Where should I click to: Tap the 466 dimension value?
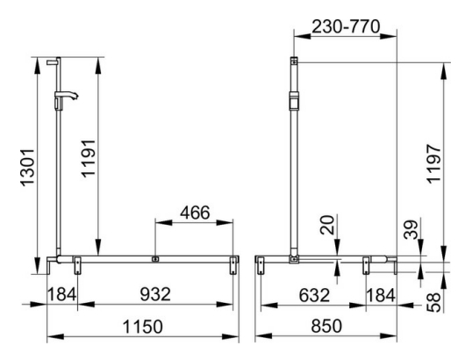click(x=194, y=213)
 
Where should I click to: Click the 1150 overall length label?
click(x=139, y=326)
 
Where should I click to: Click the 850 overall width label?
click(x=326, y=326)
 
